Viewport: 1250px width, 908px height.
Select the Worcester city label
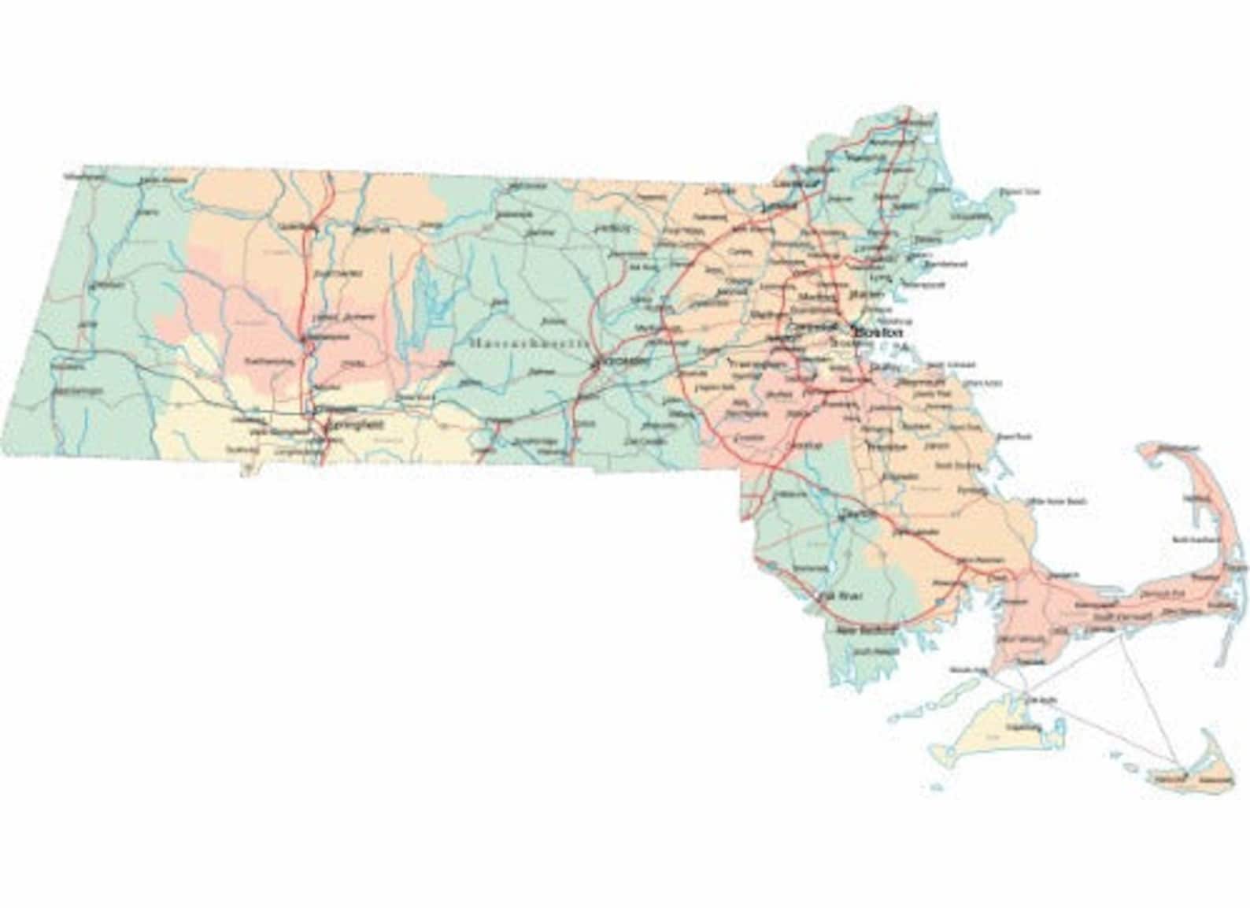625,361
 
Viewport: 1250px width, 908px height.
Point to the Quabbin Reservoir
425,295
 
